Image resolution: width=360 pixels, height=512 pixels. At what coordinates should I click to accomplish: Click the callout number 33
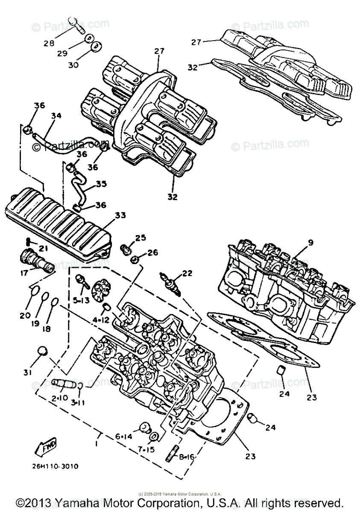click(120, 216)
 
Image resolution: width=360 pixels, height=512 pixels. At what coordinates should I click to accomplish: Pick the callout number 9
click(310, 242)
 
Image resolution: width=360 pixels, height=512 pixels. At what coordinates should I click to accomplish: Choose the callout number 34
click(56, 115)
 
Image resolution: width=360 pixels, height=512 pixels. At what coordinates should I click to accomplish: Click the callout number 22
click(187, 273)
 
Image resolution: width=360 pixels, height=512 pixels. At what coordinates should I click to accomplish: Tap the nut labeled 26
click(134, 259)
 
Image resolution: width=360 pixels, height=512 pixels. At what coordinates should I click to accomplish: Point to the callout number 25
click(140, 238)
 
